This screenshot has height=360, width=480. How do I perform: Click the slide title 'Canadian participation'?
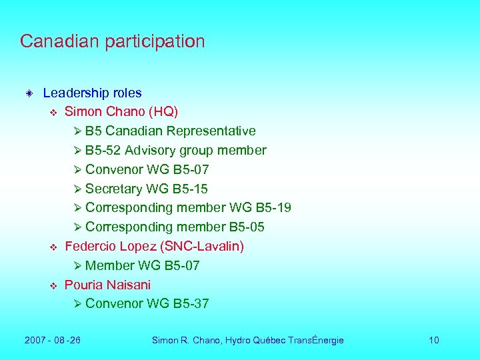pos(112,41)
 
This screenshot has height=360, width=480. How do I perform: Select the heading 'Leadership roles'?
pos(92,93)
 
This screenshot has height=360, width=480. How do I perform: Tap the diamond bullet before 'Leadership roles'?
pos(29,93)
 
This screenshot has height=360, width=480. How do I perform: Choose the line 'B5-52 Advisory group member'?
pos(175,151)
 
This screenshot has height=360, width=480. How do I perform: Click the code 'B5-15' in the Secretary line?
pos(190,189)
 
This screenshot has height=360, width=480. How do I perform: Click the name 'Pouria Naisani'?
pos(107,285)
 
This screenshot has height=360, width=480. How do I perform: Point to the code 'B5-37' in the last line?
pos(191,304)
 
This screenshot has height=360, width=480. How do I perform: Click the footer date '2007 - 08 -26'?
pos(53,341)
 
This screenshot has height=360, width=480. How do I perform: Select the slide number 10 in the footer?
pos(433,341)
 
